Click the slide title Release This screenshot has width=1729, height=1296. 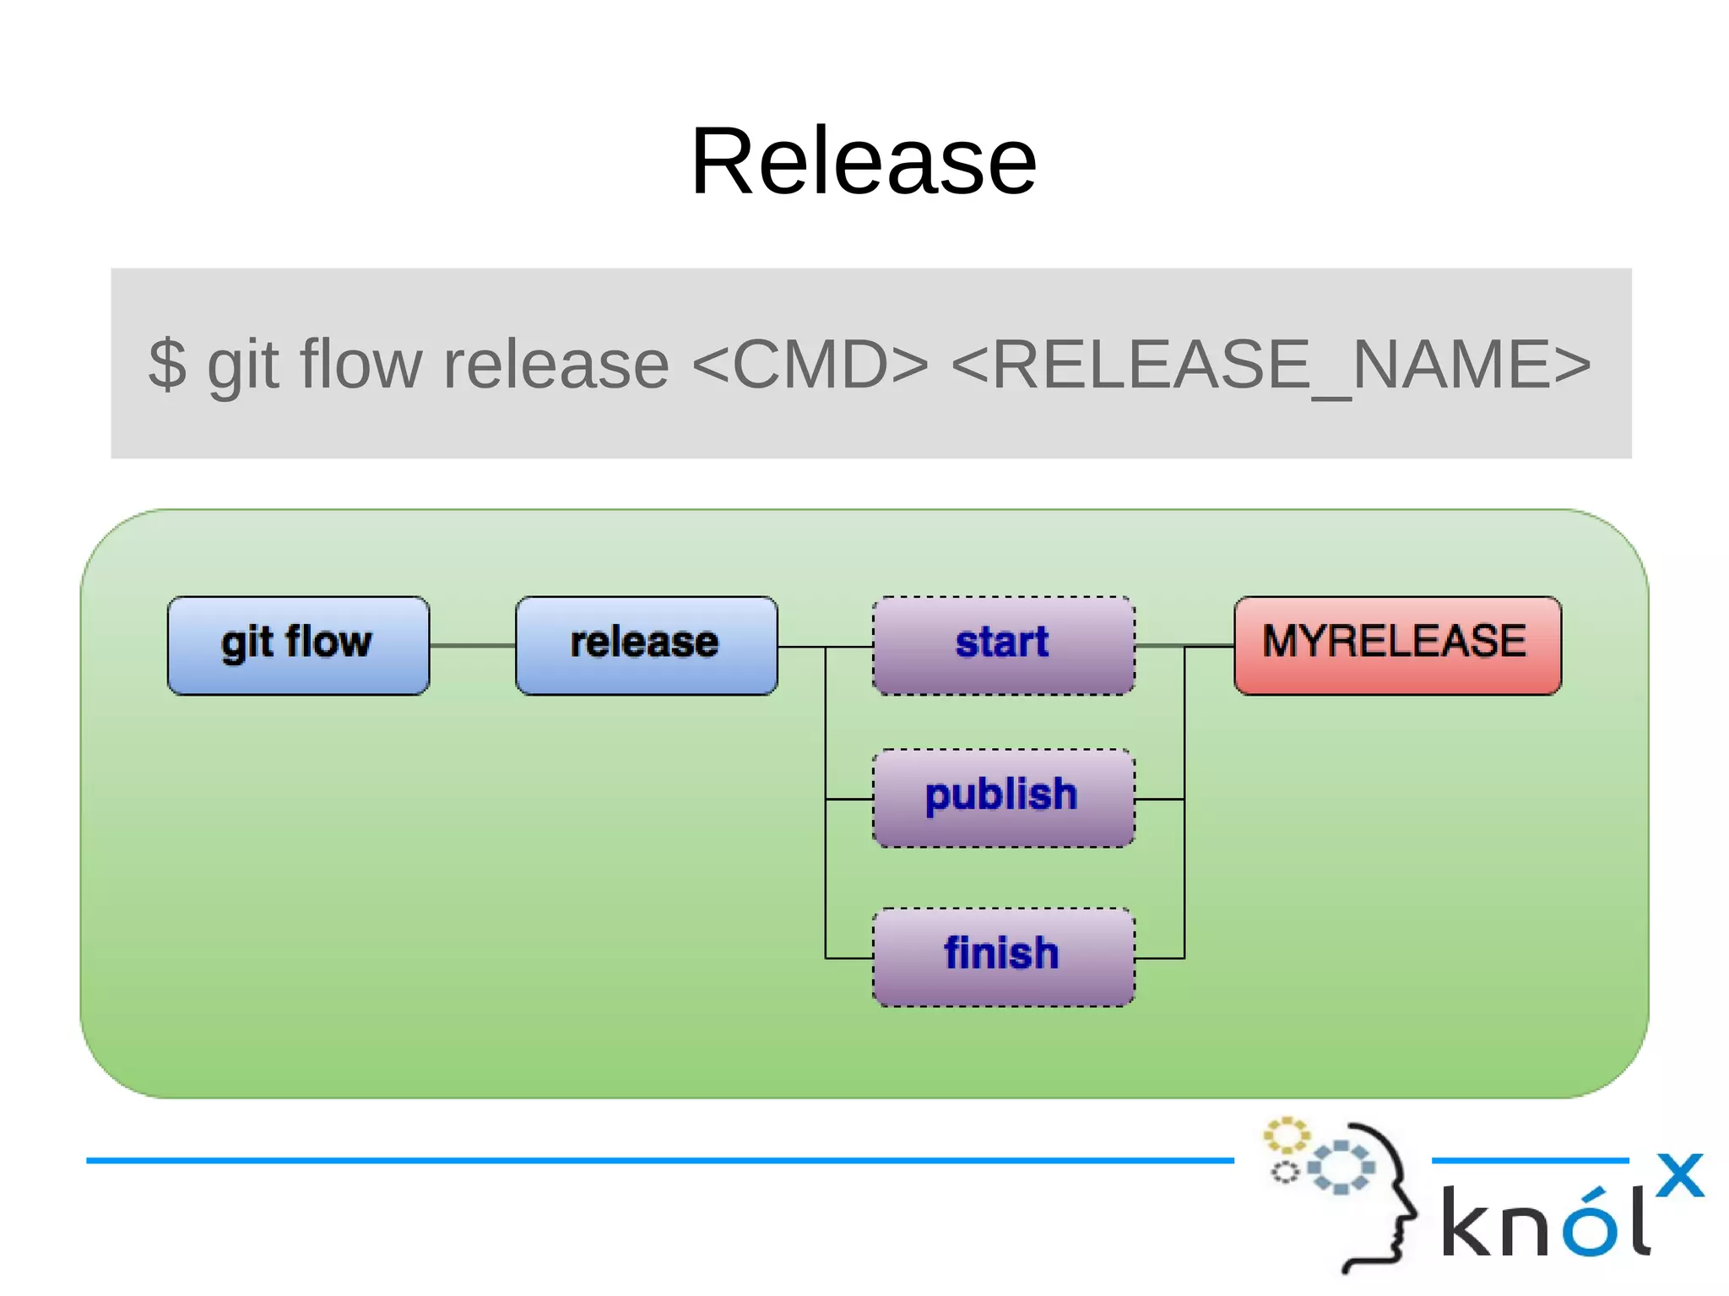coord(863,160)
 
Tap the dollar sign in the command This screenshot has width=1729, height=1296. coord(167,364)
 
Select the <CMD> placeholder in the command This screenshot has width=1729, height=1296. coord(809,364)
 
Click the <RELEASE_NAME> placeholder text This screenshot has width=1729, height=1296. coord(1270,364)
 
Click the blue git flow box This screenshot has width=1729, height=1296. coord(298,645)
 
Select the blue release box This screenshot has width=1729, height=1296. coord(646,645)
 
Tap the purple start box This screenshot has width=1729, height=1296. coord(1003,645)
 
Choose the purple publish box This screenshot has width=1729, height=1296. coord(1003,798)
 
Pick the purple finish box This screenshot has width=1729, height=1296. coord(1003,957)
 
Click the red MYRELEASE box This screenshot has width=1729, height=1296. coord(1397,645)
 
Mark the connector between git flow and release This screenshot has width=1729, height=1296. coord(472,646)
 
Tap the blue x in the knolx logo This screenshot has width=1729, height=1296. coord(1679,1174)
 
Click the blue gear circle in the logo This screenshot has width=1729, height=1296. coord(1340,1167)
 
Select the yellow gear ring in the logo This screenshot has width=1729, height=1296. coord(1286,1136)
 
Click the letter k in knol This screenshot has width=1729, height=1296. coord(1466,1222)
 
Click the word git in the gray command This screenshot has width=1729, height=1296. coord(242,364)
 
